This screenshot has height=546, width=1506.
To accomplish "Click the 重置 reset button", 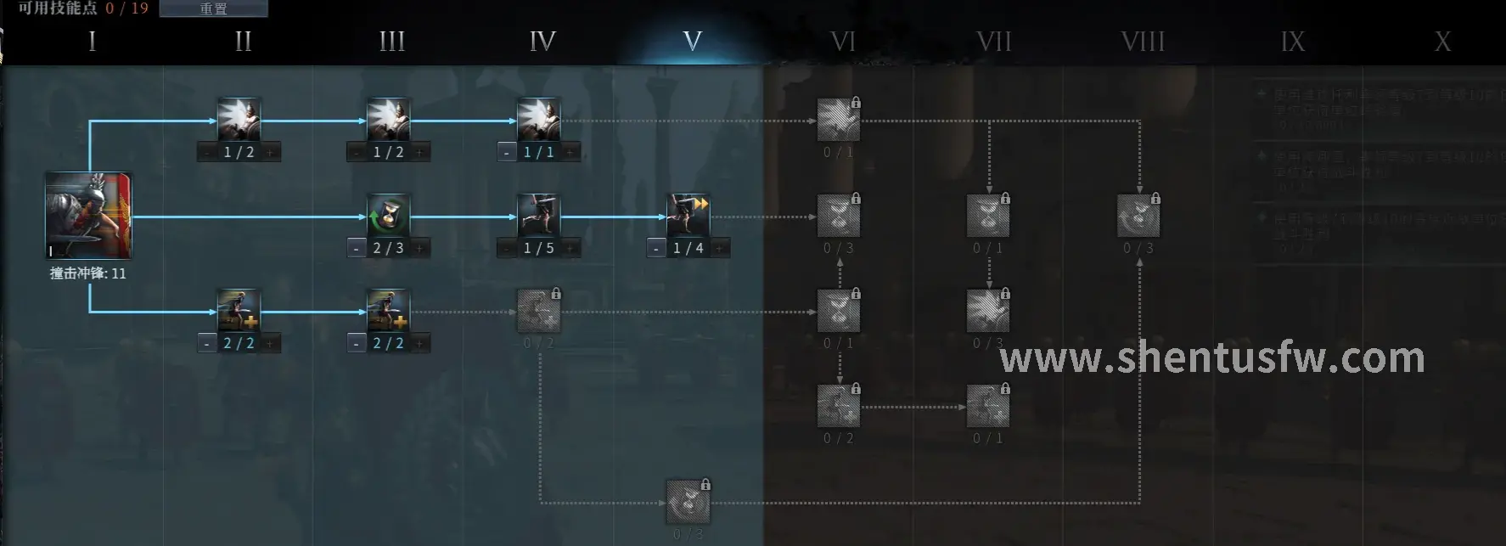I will pos(213,8).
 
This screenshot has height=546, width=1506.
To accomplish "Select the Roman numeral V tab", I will pos(693,41).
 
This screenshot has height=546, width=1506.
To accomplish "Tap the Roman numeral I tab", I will pos(92,41).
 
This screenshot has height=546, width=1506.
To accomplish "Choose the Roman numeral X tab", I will pos(1442,41).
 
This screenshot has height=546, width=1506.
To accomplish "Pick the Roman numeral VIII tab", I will pos(1143,41).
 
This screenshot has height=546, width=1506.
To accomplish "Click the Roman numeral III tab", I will pos(392,41).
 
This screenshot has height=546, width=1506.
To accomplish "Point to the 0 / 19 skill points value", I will pos(127,8).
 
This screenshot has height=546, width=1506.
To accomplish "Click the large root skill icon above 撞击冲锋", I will pos(88,216).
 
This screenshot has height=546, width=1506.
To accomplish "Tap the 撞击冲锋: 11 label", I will pos(88,273).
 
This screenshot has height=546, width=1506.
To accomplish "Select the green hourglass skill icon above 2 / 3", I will pos(389,216).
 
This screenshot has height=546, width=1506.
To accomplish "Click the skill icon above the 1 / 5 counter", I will pos(539,216).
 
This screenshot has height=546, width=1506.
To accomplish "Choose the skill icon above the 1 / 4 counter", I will pos(688,216).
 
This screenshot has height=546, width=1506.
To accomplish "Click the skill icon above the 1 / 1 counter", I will pos(539,120).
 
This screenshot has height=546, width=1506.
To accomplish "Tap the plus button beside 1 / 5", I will pos(570,249).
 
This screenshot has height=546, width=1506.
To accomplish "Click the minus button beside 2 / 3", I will pos(357,249).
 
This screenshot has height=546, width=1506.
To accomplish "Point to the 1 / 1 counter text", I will pos(539,153).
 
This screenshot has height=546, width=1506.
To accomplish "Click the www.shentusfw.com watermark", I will pos(1211,358).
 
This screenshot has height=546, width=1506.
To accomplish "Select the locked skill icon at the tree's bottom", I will pos(688,502).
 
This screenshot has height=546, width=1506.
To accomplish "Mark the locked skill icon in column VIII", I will pos(1138,216).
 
